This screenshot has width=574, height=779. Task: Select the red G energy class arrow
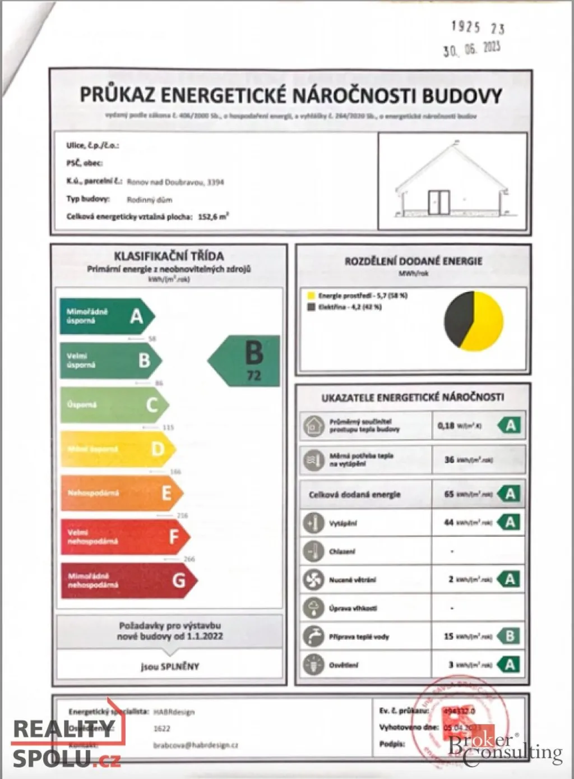tap(127, 580)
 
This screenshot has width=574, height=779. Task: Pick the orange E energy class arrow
tap(121, 493)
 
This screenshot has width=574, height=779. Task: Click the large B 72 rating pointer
tap(247, 361)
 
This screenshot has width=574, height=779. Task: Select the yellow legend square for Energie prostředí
tap(311, 296)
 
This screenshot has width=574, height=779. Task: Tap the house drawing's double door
tap(439, 202)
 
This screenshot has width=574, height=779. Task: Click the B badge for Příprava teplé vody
tap(510, 636)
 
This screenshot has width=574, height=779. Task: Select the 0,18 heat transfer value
tap(446, 426)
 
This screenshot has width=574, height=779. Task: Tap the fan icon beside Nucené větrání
tap(313, 579)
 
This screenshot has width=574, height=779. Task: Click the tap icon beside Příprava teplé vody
tap(313, 636)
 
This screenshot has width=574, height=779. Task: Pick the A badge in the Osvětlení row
tap(510, 665)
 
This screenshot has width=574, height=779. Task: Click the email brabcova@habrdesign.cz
tap(196, 745)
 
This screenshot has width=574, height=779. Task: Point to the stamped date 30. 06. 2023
tap(471, 49)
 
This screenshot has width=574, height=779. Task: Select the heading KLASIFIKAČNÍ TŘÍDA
tap(169, 256)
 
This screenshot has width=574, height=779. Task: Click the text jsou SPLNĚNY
tap(170, 666)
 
